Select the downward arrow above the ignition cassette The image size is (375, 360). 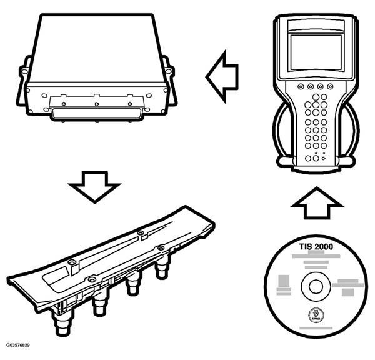pyautogui.click(x=94, y=186)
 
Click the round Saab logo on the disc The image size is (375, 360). pyautogui.click(x=312, y=316)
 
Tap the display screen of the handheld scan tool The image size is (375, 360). pyautogui.click(x=316, y=52)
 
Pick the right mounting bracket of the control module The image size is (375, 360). pyautogui.click(x=170, y=78)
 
